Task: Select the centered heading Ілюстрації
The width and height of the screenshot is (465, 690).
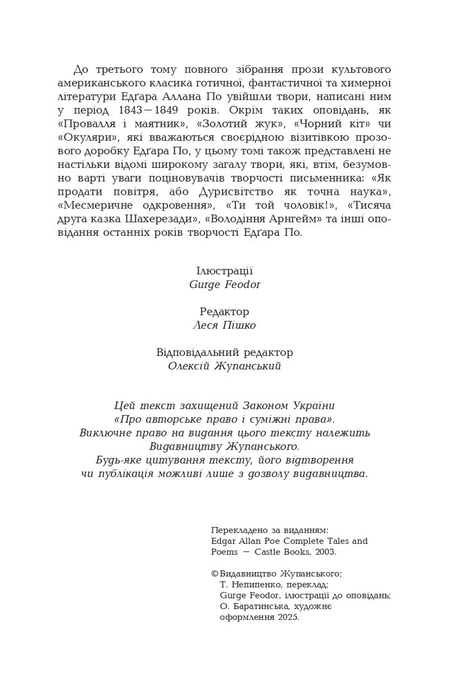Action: [x=224, y=271]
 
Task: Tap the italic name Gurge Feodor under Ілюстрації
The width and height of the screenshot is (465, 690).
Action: [x=225, y=284]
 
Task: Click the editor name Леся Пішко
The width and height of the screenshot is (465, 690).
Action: [x=224, y=325]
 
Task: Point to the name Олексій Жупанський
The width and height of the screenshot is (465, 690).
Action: [x=224, y=367]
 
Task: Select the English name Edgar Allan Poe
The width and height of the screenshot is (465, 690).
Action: [x=246, y=540]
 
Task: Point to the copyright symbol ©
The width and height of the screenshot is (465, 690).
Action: [x=214, y=574]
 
